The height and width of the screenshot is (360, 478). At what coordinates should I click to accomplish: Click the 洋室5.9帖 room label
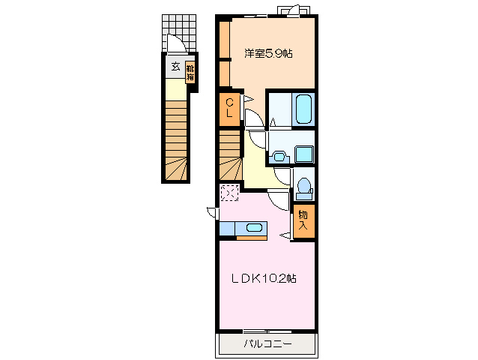coord(268,54)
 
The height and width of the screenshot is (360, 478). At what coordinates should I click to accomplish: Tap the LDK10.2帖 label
coord(264,278)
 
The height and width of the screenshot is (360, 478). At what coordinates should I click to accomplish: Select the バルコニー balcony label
coord(267,344)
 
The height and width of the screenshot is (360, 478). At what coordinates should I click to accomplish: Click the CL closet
coord(229,109)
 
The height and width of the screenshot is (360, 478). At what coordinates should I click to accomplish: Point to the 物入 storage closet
coord(303,221)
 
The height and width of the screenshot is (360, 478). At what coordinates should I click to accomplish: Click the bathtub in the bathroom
coord(303,109)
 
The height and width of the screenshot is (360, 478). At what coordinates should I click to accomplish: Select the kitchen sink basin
coord(254,227)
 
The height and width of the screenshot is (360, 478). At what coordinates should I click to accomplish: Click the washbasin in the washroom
coord(279,157)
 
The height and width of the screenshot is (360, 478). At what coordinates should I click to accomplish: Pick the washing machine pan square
coord(304,154)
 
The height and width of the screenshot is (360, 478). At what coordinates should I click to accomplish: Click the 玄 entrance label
coord(175,66)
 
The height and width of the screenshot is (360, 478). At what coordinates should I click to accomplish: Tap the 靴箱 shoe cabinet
coord(190,73)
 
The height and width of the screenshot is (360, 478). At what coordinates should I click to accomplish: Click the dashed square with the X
coord(229,193)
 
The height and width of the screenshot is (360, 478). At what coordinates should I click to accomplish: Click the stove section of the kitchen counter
coord(227,229)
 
